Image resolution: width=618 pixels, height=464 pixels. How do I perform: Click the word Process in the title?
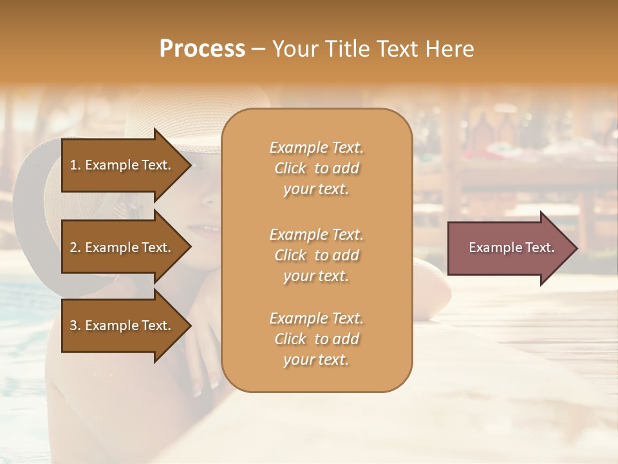(x=202, y=48)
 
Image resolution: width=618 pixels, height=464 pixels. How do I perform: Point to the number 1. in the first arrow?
(x=75, y=165)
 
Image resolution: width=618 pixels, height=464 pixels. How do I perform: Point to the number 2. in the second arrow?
(x=75, y=247)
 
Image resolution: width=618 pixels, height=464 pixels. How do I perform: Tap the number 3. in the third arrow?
(x=75, y=325)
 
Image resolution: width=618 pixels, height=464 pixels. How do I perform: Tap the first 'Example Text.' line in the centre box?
(x=316, y=148)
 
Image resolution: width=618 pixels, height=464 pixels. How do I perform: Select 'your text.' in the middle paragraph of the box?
(x=316, y=276)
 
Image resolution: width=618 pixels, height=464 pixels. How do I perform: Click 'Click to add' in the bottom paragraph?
(x=316, y=339)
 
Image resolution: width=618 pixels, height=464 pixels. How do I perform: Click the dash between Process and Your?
(x=258, y=49)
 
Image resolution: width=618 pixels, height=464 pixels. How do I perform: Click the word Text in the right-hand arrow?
(x=539, y=247)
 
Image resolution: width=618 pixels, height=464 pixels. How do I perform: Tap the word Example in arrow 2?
(x=109, y=247)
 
